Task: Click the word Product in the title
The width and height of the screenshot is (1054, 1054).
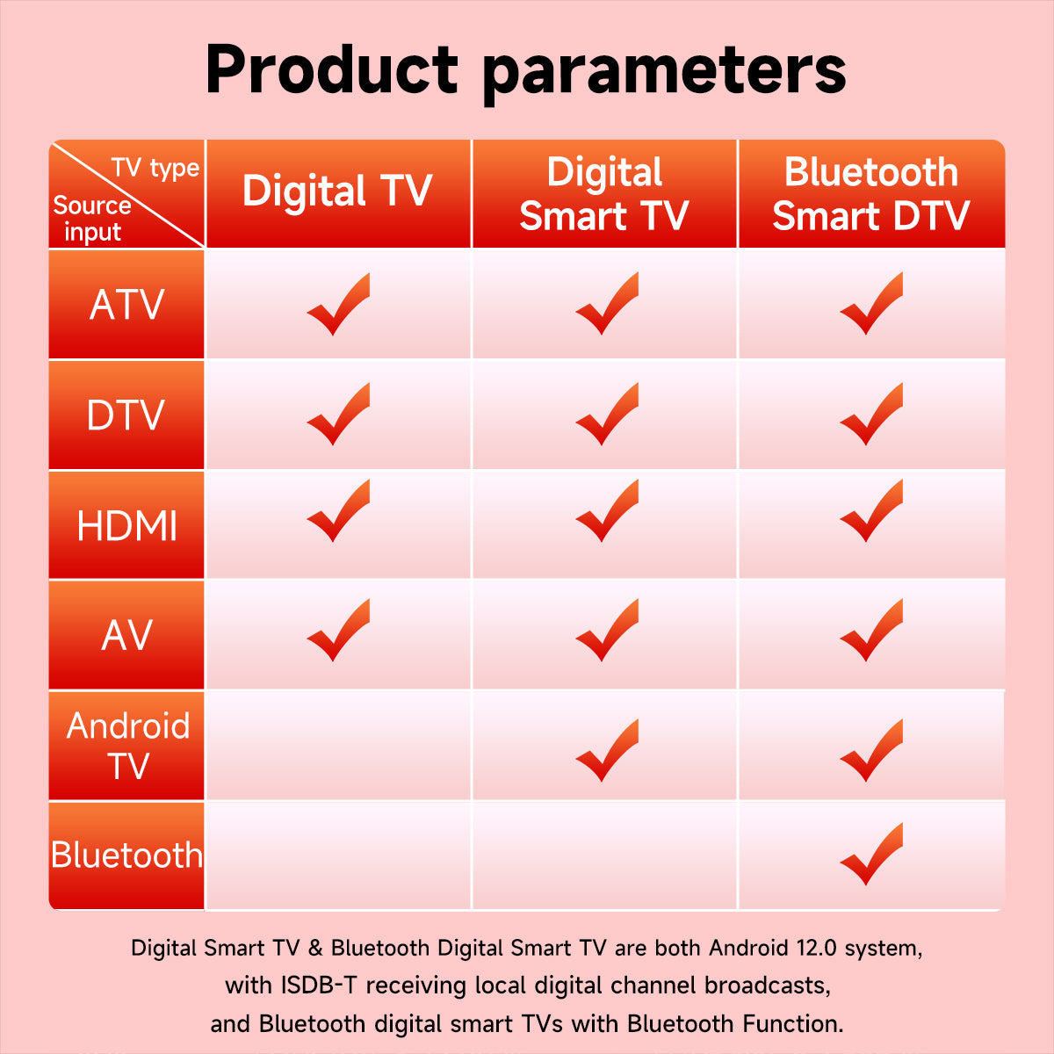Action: coord(331,69)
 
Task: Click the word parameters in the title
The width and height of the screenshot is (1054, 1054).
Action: coord(664,75)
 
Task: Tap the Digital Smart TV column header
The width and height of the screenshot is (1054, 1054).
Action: coord(604,193)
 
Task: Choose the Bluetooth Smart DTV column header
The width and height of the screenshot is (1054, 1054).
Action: coord(870,193)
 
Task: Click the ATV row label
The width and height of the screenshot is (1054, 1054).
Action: coord(126,305)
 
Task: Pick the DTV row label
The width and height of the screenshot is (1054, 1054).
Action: coord(126,415)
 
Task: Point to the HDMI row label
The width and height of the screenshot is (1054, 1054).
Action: coord(126,526)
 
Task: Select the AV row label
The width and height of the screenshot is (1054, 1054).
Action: coord(126,636)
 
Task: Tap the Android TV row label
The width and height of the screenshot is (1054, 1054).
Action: coord(128,746)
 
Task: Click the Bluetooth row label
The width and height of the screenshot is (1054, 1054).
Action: coord(126,855)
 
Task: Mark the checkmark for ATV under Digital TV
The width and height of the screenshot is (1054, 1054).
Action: coord(338,304)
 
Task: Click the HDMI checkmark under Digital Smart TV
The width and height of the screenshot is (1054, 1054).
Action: coord(607,510)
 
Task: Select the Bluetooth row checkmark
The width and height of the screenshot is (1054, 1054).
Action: coord(871,854)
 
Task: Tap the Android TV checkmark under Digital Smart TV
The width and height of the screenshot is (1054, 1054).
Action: coord(607,750)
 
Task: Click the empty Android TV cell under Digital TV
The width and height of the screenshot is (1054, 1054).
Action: coord(338,745)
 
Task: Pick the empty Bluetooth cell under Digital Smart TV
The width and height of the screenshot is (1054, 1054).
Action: coord(604,855)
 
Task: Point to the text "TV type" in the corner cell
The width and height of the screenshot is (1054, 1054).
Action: coord(155,168)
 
